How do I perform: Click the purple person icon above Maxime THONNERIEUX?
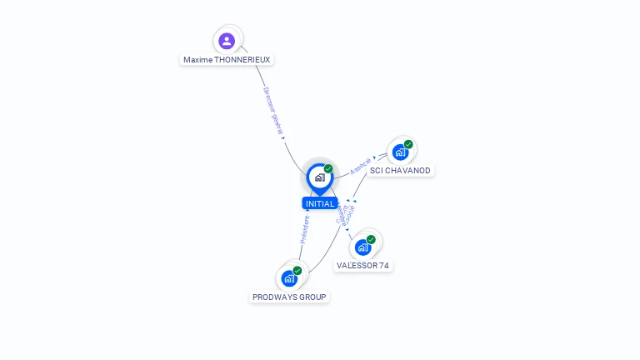(x=227, y=41)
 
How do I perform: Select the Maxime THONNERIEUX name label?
(x=227, y=60)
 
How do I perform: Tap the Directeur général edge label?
(x=274, y=112)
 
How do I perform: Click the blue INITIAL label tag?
(x=320, y=203)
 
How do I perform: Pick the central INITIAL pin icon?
(x=319, y=177)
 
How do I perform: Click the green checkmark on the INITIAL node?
(x=328, y=168)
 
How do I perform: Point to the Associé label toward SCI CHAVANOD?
(x=360, y=165)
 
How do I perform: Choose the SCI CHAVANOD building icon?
(x=400, y=152)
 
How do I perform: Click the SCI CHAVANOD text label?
(x=400, y=171)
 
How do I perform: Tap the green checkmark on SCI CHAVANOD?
(x=408, y=144)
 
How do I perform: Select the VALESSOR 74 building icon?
(x=362, y=247)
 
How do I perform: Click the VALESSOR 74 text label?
(x=362, y=266)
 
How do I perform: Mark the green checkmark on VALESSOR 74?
(x=371, y=239)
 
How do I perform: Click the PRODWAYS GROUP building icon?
(x=289, y=278)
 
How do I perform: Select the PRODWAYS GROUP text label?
(x=289, y=297)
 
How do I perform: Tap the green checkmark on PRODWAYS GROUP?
(x=297, y=270)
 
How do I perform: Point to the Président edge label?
(x=304, y=229)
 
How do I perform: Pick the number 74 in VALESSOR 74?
(x=383, y=266)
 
